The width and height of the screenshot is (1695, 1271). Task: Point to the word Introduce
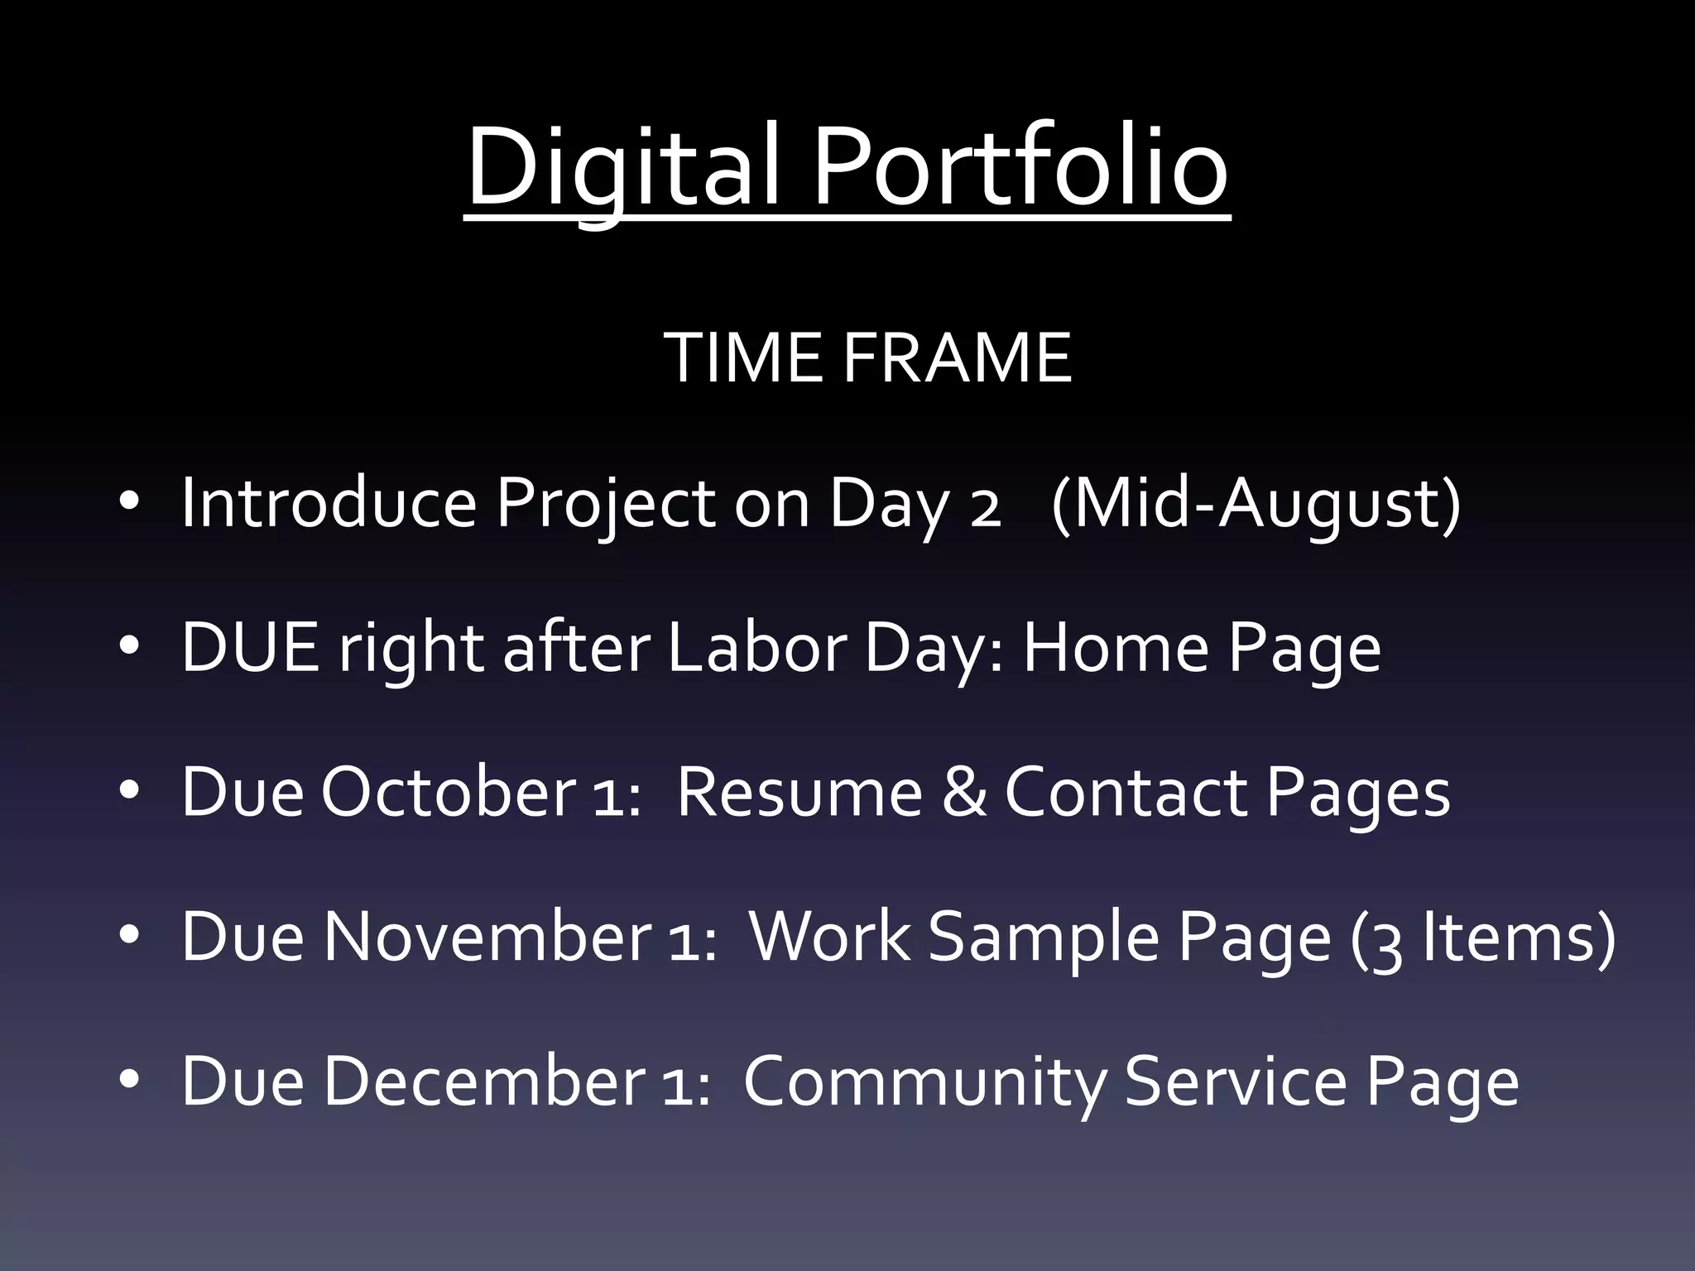coord(329,502)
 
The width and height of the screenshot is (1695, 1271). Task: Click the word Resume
coord(799,792)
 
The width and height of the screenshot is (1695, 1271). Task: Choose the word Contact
coord(1126,792)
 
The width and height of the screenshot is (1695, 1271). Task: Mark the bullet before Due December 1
coord(129,1081)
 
